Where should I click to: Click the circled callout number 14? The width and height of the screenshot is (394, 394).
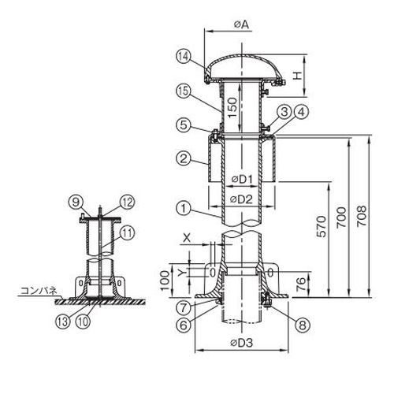point(184,56)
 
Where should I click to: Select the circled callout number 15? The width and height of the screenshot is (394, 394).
point(184,91)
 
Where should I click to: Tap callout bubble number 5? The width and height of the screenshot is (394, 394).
point(184,125)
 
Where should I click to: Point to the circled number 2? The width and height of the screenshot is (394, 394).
point(184,158)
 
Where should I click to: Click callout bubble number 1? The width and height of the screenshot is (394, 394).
point(184,209)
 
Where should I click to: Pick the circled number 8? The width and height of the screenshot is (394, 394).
point(303,325)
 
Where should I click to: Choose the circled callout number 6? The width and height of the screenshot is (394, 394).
point(184,325)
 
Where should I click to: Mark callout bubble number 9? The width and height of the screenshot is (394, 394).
point(76,203)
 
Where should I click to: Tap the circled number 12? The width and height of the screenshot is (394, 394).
point(127,203)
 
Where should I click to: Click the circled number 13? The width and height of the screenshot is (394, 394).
point(63,322)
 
